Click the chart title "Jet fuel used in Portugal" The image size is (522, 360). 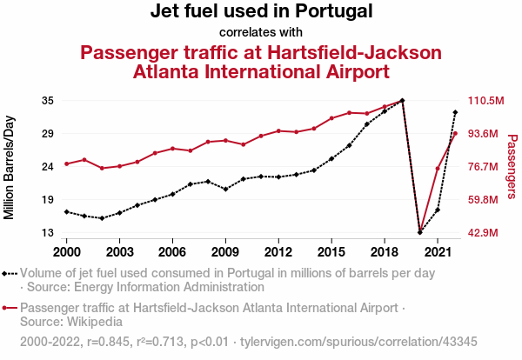click(x=261, y=12)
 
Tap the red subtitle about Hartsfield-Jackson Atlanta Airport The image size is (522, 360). click(x=261, y=62)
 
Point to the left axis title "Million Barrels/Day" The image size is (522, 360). click(x=10, y=166)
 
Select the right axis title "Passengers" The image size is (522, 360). click(x=512, y=166)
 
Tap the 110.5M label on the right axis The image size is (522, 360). click(x=486, y=101)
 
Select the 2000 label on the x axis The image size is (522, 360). click(x=66, y=251)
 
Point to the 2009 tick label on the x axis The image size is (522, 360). click(x=225, y=251)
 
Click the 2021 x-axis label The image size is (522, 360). click(x=438, y=251)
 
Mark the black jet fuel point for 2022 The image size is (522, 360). click(x=455, y=112)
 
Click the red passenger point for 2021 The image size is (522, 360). click(x=438, y=169)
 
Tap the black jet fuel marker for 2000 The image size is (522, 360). click(x=66, y=211)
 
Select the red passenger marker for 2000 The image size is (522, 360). click(x=66, y=163)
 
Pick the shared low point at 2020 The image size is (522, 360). click(x=420, y=232)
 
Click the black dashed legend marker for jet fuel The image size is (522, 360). click(x=10, y=273)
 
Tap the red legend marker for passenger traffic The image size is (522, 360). click(x=10, y=308)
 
